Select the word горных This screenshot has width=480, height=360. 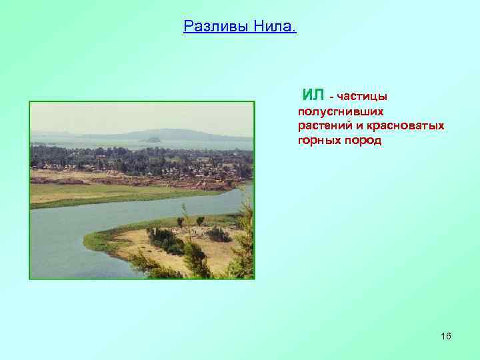(x=319, y=141)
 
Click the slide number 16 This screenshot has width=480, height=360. (x=445, y=336)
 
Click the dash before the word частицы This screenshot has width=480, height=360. (x=332, y=97)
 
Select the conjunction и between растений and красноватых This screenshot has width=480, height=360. (x=354, y=126)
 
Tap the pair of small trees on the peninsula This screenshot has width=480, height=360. (x=190, y=221)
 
